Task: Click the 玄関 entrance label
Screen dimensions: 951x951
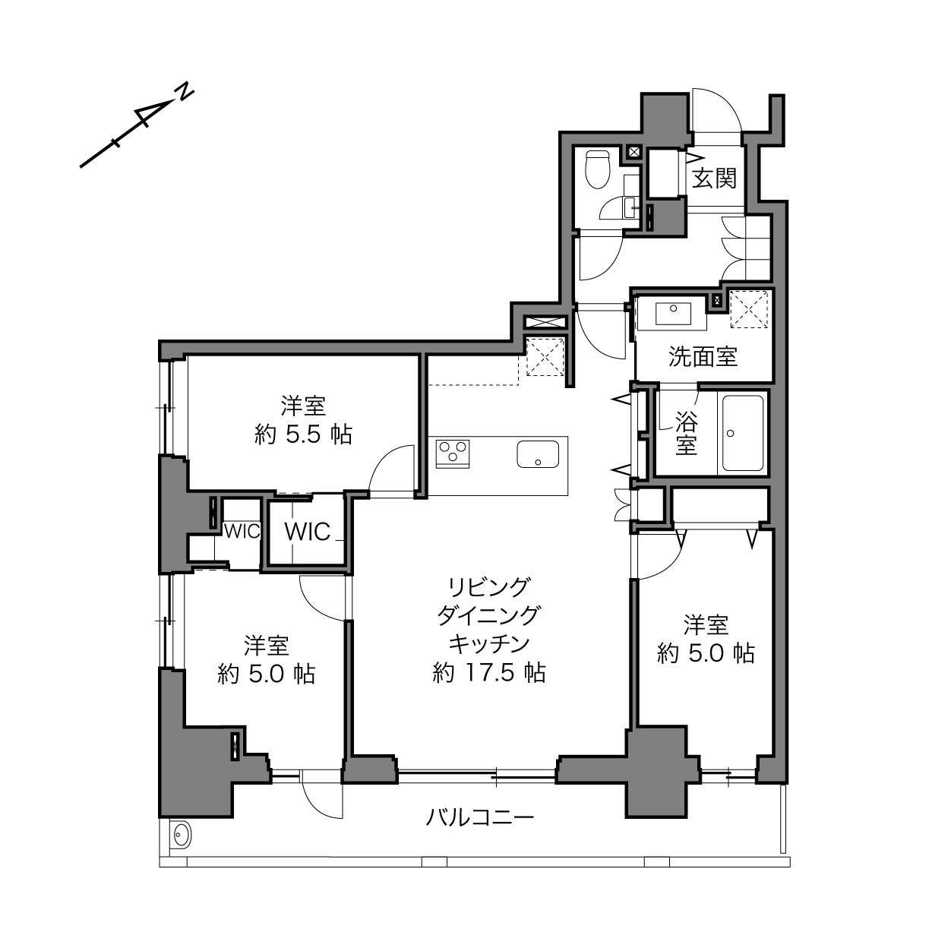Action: tap(714, 179)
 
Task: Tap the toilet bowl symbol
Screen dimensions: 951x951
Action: tap(597, 170)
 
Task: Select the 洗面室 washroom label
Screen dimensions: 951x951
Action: tap(703, 357)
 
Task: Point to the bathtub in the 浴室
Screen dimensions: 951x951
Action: tap(743, 433)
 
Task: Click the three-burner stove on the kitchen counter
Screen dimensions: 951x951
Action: tap(452, 453)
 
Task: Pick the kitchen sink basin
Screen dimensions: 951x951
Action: tap(538, 454)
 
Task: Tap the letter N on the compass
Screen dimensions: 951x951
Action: tap(185, 91)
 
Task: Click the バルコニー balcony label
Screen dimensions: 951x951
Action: tap(480, 817)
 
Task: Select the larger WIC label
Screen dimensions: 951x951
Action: tap(307, 532)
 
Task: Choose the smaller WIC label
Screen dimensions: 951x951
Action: tap(242, 532)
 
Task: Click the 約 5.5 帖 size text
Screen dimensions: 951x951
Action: tap(303, 435)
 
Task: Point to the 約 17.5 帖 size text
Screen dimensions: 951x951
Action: tap(489, 672)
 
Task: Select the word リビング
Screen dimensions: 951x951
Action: tap(488, 588)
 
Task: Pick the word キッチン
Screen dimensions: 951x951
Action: tap(488, 643)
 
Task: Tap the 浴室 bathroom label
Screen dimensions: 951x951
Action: tap(687, 434)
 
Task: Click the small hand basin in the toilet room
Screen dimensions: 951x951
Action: tap(630, 207)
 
